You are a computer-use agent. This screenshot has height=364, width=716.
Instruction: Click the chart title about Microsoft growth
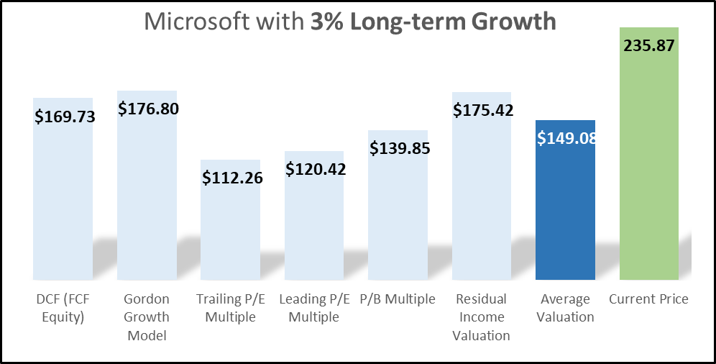(350, 21)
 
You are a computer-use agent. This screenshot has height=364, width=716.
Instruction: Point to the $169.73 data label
(65, 116)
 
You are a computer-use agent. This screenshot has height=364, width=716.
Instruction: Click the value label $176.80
(148, 109)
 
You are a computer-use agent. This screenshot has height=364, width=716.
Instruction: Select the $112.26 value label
(232, 177)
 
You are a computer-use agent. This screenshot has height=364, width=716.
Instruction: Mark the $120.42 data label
(316, 170)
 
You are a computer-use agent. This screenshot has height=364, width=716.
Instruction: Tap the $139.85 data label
(400, 148)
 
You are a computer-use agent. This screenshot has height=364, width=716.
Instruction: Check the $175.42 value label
(483, 111)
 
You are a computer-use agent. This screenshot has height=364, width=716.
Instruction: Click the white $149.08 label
(567, 137)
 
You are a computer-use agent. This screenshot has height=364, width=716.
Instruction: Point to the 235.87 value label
(650, 44)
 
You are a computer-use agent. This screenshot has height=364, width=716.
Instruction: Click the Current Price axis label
(648, 299)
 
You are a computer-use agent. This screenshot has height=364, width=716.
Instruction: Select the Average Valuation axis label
(565, 308)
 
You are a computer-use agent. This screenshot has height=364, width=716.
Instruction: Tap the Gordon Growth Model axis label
(147, 317)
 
